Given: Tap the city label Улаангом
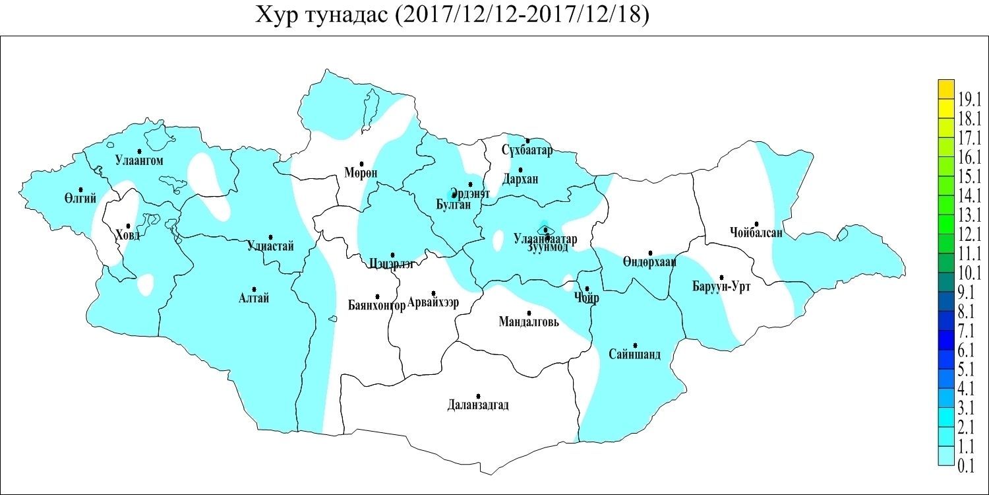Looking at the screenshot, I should click(x=138, y=160).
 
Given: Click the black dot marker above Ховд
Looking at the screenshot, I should click(x=128, y=226).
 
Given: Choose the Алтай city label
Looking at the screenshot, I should click(x=254, y=298).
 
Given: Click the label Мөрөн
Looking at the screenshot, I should click(x=361, y=174).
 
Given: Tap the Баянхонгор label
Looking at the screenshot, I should click(x=376, y=305).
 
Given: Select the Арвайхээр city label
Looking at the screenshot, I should click(x=433, y=302).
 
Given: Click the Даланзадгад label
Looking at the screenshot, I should click(x=477, y=405).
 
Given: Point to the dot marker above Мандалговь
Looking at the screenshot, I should click(x=529, y=313).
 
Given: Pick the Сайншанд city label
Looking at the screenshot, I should click(x=635, y=354).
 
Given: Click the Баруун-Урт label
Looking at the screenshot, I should click(x=721, y=286).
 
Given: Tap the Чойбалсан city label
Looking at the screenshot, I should click(x=756, y=232).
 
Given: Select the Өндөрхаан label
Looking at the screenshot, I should click(x=649, y=262).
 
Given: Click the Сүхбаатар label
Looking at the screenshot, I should click(x=527, y=150).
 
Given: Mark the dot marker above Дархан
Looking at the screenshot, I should click(x=520, y=170).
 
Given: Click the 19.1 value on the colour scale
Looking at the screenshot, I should click(x=966, y=100).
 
